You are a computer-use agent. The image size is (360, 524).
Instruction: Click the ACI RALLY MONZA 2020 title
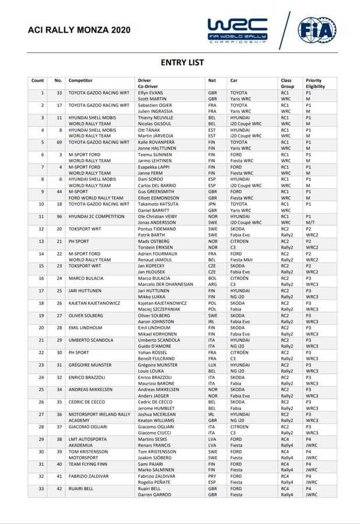[x=71, y=30]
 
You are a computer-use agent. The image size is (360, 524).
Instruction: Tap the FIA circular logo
[x=316, y=30]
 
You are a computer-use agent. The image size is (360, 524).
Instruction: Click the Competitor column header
[x=80, y=80]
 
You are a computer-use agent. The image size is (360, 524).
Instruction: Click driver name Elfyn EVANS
[x=150, y=93]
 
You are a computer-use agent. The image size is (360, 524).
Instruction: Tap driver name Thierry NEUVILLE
[x=154, y=118]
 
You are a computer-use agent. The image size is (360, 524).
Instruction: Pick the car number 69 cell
[x=59, y=142]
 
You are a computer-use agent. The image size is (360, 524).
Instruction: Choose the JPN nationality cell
[x=212, y=204]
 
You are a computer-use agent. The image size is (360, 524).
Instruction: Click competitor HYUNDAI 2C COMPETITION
[x=97, y=216]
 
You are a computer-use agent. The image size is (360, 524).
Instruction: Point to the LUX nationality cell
[x=212, y=364]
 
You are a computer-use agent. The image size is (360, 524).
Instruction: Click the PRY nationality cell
[x=212, y=476]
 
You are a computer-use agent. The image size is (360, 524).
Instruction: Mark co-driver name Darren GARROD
[x=154, y=494]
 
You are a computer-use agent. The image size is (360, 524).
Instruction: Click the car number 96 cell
[x=59, y=216]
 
